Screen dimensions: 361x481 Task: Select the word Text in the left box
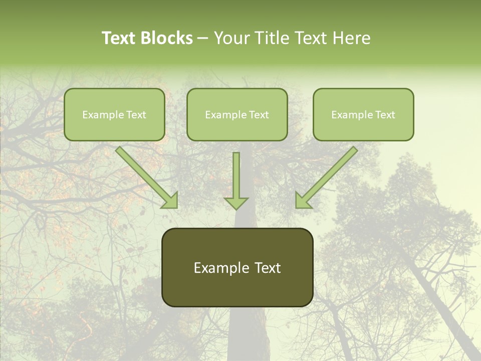[x=136, y=115]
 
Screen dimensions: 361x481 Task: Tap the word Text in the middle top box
[x=259, y=115]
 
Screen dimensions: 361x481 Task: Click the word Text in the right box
[x=385, y=115]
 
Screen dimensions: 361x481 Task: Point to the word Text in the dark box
[x=268, y=268]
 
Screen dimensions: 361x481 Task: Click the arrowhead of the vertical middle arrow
[x=236, y=203]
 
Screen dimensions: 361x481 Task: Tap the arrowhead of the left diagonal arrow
[x=170, y=201]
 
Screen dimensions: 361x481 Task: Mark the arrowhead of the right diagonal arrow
[x=303, y=201]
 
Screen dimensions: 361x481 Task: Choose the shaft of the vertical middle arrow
[x=236, y=173]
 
